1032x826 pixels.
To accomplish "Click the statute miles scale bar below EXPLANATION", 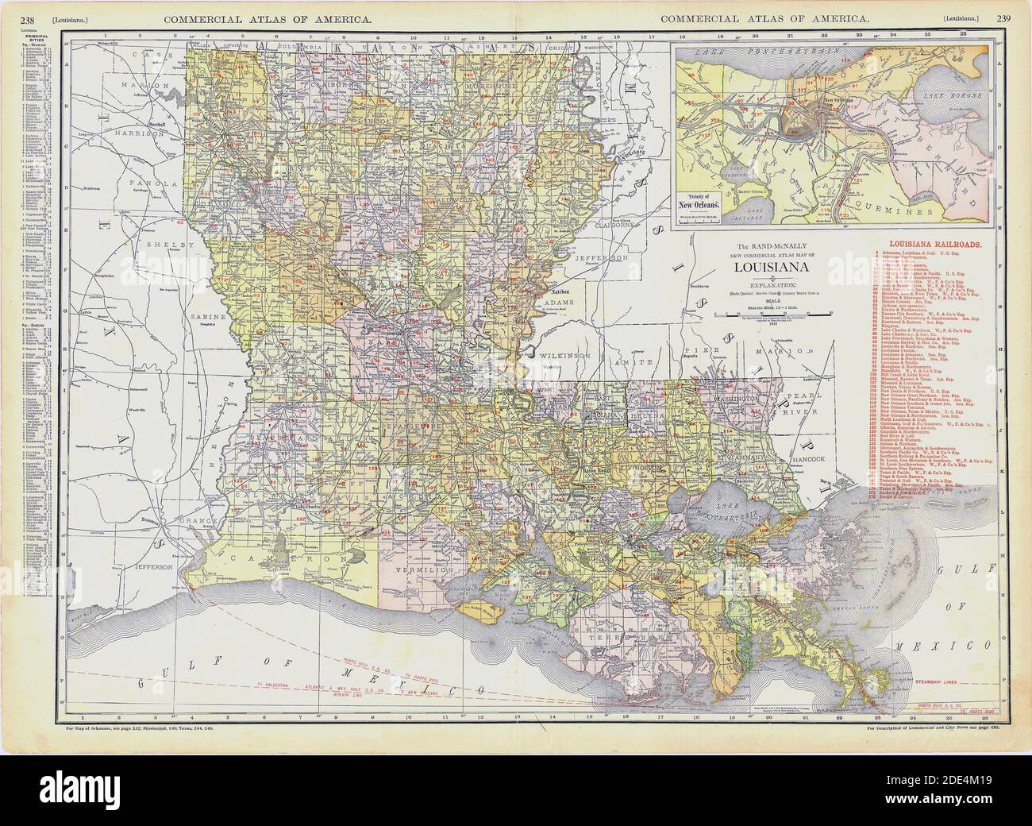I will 764,315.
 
